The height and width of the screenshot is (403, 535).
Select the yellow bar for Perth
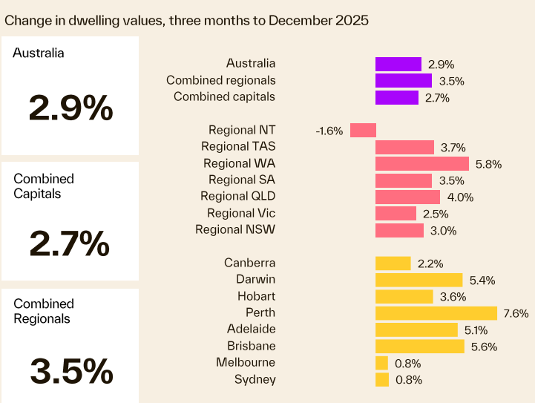tap(436, 313)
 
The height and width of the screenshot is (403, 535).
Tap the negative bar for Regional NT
tap(363, 131)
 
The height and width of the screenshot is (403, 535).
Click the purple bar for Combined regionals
tap(403, 81)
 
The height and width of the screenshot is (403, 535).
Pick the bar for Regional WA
tap(421, 164)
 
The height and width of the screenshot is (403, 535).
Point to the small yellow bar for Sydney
tap(381, 380)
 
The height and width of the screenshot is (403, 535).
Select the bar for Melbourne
tap(381, 363)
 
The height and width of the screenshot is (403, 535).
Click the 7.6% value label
tap(516, 314)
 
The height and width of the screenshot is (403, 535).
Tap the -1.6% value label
tap(329, 131)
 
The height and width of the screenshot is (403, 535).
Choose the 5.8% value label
tap(488, 165)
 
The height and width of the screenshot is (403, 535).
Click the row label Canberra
tap(249, 263)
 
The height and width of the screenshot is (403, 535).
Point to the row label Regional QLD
tap(237, 197)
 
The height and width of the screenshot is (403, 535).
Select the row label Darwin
tap(255, 280)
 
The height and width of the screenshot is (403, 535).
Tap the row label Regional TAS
tap(237, 147)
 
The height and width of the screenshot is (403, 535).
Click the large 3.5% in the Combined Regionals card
tap(70, 370)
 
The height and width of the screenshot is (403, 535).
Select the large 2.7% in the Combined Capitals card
tap(69, 243)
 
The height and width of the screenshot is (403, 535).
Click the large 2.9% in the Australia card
tap(70, 108)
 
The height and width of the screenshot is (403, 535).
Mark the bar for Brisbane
tap(419, 347)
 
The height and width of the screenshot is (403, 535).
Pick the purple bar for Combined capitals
tap(397, 97)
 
